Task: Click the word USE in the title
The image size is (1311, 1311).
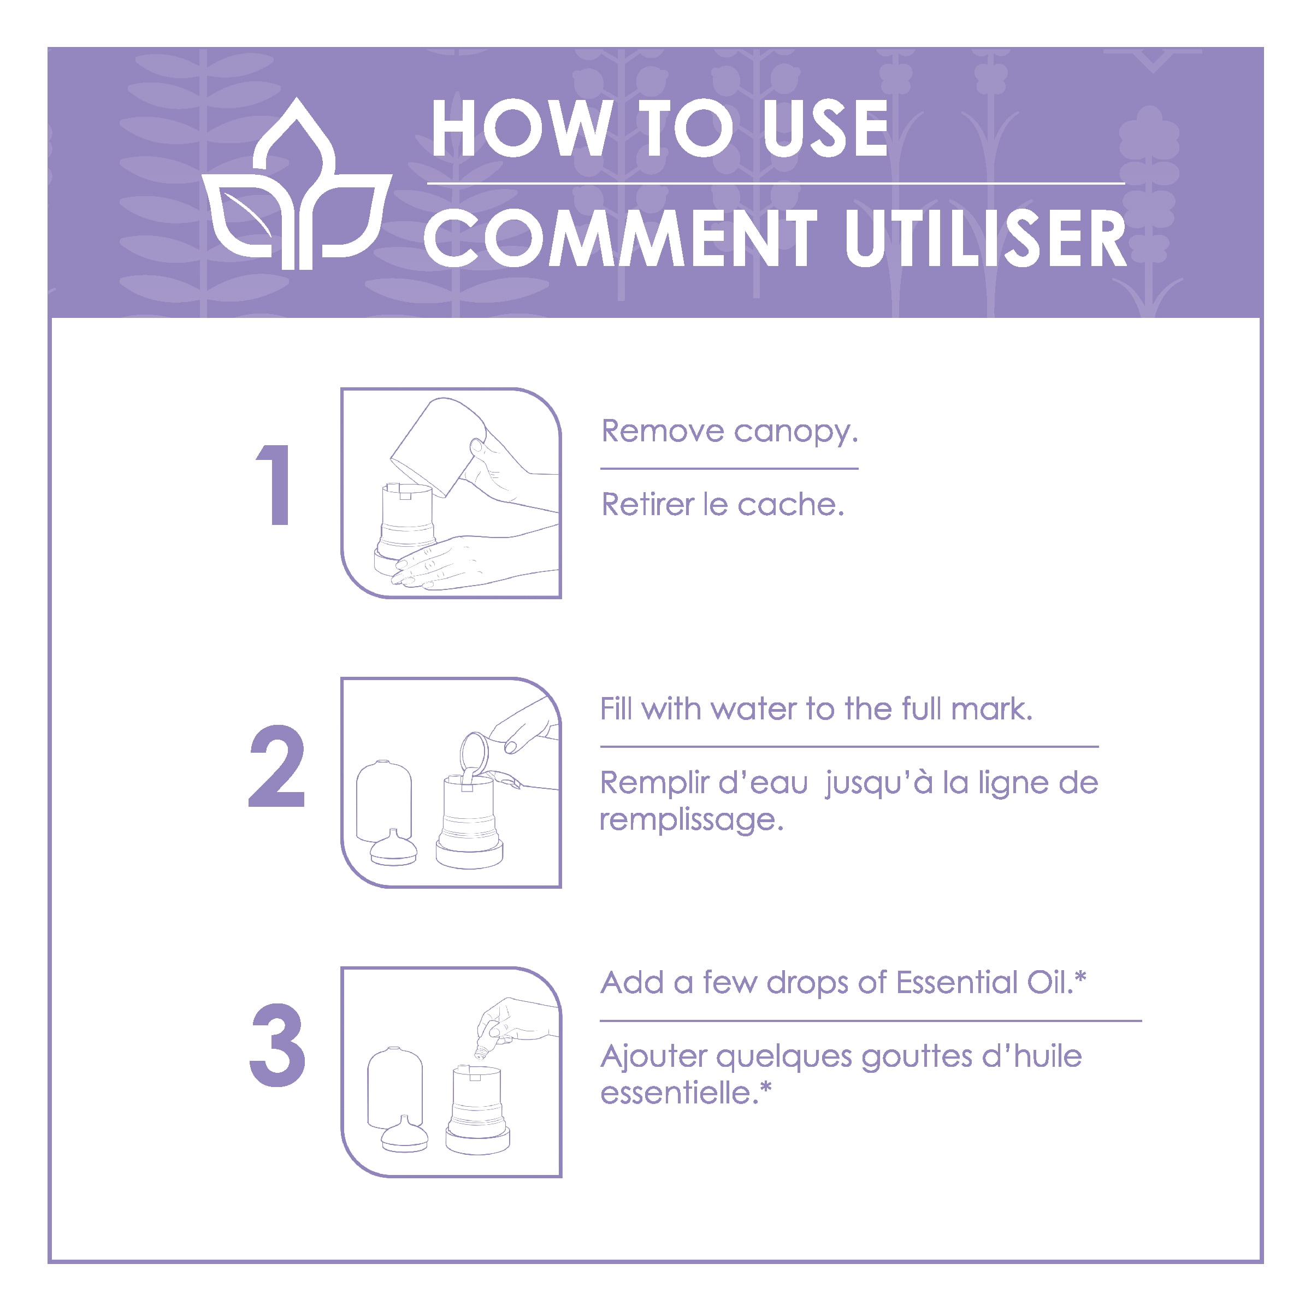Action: coord(826,128)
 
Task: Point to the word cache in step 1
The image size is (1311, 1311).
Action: coord(790,504)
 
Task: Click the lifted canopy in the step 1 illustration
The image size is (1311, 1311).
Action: coord(439,446)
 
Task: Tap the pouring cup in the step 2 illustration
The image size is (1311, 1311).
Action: coord(474,754)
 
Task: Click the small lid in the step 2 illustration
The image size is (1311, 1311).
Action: coord(393,848)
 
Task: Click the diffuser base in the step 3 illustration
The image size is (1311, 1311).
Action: coord(478,1110)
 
